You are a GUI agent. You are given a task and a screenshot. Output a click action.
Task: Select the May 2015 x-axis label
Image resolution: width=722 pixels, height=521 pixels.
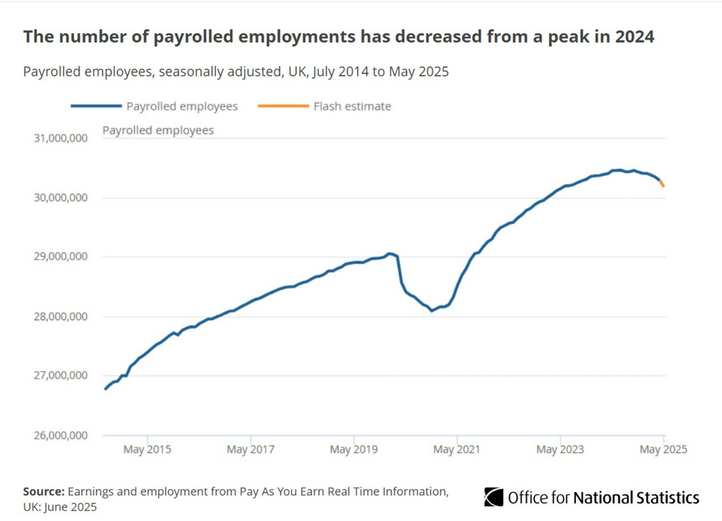tap(147, 449)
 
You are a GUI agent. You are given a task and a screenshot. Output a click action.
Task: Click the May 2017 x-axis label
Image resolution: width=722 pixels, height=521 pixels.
tap(250, 449)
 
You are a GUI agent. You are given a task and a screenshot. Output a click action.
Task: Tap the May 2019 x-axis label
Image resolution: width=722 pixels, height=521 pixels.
tap(354, 449)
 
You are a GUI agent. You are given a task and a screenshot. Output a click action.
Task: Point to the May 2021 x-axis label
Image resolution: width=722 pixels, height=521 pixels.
tap(457, 449)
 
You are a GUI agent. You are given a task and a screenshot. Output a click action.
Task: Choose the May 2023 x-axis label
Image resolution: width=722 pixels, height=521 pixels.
tap(560, 449)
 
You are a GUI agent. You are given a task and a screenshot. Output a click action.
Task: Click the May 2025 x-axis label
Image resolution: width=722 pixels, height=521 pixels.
tap(663, 449)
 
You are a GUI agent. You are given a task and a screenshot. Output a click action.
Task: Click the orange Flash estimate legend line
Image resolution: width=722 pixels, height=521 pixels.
tap(283, 106)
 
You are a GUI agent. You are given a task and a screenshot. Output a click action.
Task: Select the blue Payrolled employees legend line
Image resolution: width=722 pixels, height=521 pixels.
tap(96, 106)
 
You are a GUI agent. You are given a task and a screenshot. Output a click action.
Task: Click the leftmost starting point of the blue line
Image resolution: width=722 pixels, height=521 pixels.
tap(105, 388)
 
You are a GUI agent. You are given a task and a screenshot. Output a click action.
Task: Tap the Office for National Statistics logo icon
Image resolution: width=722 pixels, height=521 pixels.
tap(494, 497)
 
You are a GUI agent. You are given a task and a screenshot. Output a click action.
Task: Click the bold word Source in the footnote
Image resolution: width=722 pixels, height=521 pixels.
tap(43, 491)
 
